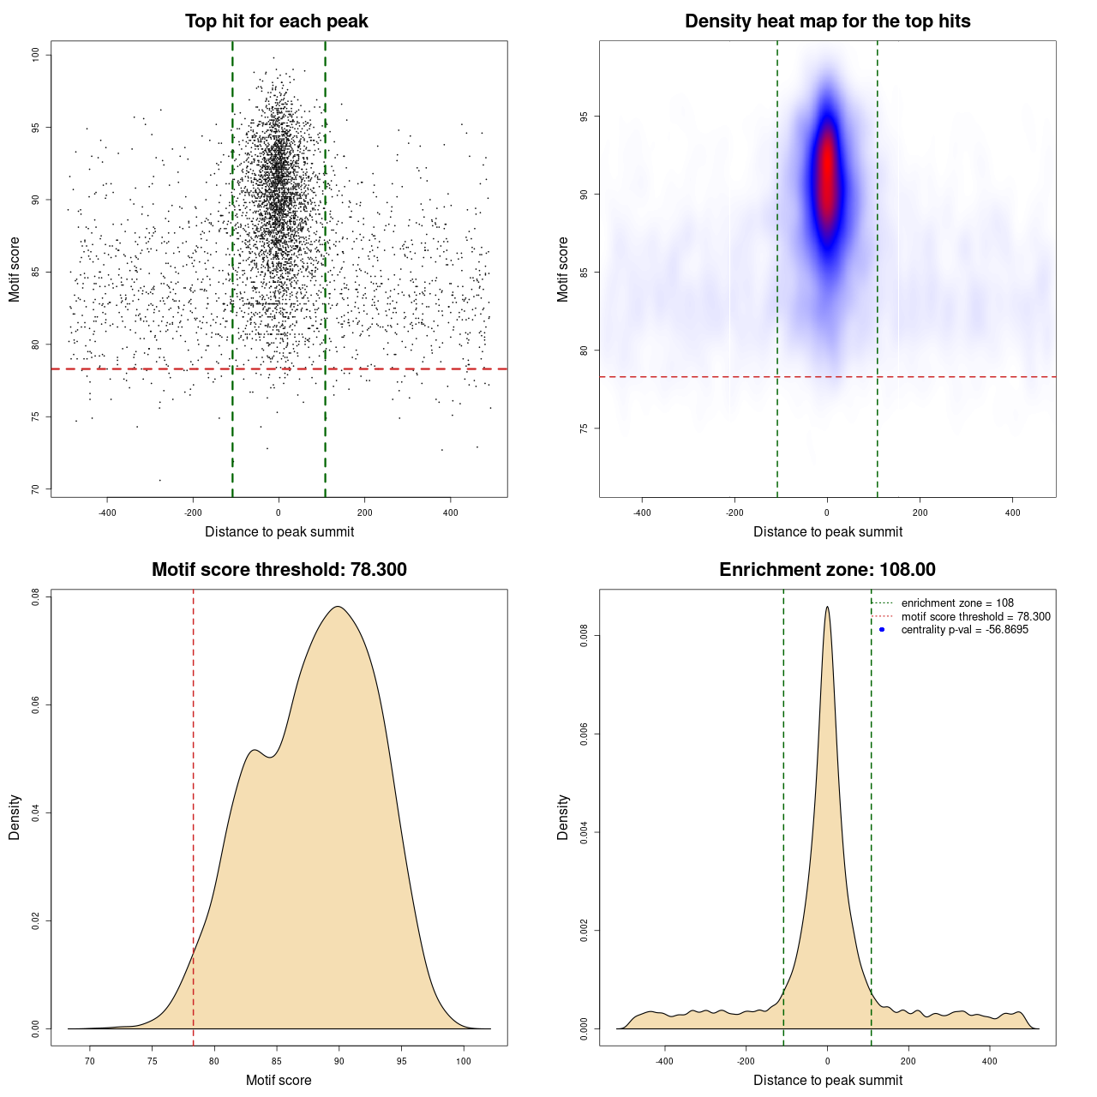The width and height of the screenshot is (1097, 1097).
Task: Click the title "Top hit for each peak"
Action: pyautogui.click(x=277, y=21)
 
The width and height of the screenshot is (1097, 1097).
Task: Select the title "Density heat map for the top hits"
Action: pyautogui.click(x=827, y=21)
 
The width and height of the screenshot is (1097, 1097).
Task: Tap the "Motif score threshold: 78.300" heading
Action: pyautogui.click(x=279, y=570)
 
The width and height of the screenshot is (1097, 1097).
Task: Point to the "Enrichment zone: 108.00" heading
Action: pyautogui.click(x=827, y=570)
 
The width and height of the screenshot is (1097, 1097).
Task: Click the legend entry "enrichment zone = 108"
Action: pyautogui.click(x=957, y=603)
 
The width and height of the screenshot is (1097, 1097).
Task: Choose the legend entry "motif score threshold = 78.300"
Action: pyautogui.click(x=975, y=616)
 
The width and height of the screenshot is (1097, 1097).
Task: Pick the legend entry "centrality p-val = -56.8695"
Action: pyautogui.click(x=964, y=630)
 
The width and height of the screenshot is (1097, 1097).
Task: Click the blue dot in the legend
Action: pyautogui.click(x=882, y=630)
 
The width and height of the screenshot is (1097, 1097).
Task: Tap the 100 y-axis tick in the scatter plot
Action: pyautogui.click(x=35, y=55)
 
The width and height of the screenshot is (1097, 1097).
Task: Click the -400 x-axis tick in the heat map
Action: pyautogui.click(x=642, y=513)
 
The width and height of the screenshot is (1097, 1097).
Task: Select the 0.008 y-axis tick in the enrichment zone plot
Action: pyautogui.click(x=584, y=636)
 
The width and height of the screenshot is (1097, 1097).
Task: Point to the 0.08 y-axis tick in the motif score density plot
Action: pyautogui.click(x=35, y=596)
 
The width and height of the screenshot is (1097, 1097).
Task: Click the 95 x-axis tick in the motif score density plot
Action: pyautogui.click(x=402, y=1061)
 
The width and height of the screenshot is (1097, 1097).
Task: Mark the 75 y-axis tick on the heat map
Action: pyautogui.click(x=584, y=429)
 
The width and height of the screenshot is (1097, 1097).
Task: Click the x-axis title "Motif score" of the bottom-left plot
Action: pyautogui.click(x=279, y=1080)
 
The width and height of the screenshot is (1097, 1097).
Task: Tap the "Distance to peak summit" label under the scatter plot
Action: pyautogui.click(x=279, y=531)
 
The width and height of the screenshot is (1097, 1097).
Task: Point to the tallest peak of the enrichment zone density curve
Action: pyautogui.click(x=827, y=608)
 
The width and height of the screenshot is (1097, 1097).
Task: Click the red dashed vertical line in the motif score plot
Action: pyautogui.click(x=194, y=814)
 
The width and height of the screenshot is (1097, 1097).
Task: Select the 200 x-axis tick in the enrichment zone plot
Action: pyautogui.click(x=908, y=1061)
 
